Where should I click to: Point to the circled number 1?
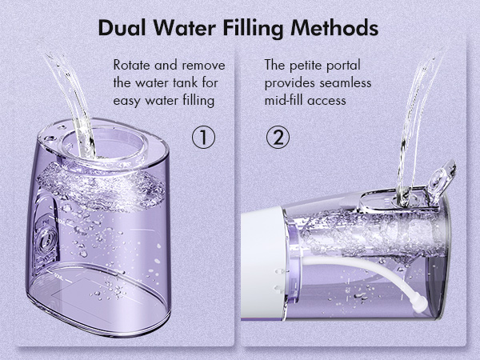pos(204,137)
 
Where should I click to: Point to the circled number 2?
pos(278,137)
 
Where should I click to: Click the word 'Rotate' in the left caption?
pos(131,65)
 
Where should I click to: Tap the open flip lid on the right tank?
pos(439,176)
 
